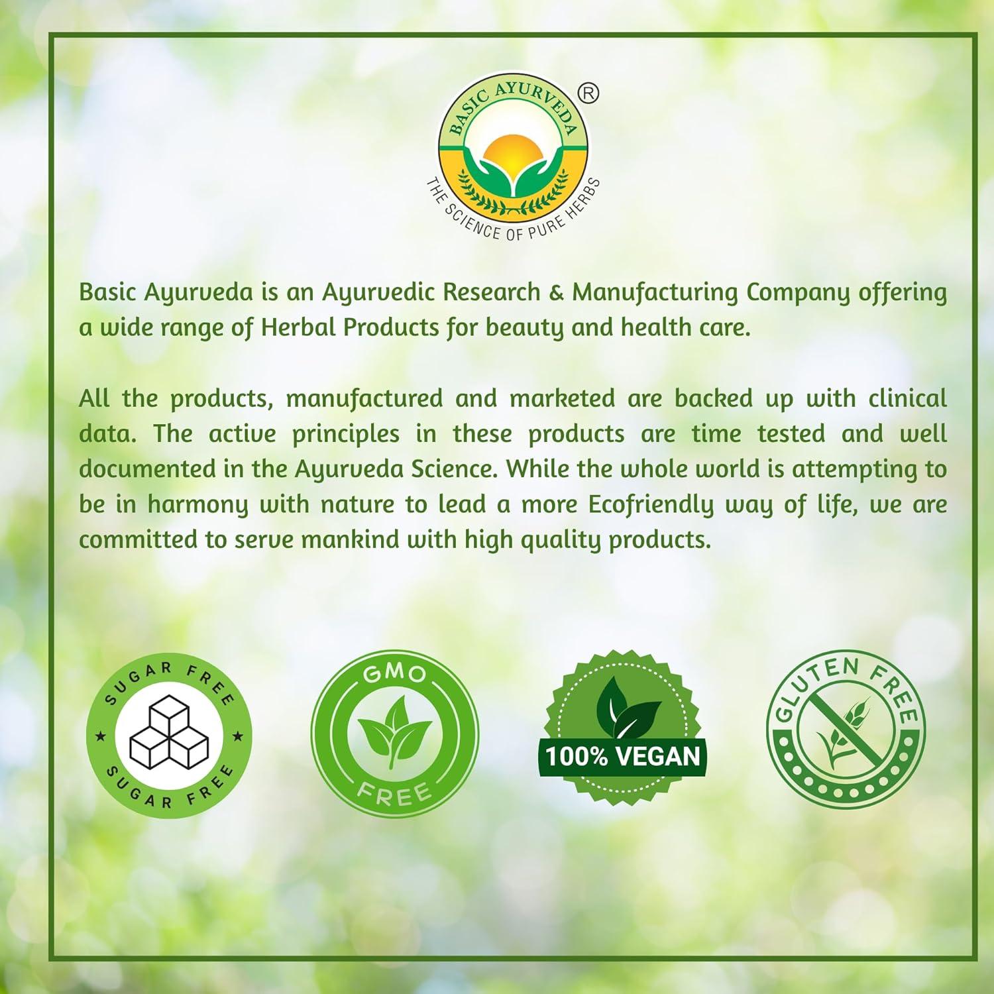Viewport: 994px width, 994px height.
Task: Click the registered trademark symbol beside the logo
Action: pos(589,94)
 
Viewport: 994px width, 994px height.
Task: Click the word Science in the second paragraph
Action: pos(447,469)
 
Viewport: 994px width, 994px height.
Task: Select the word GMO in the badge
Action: pos(395,674)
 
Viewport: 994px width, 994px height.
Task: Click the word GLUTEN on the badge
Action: pos(813,683)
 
